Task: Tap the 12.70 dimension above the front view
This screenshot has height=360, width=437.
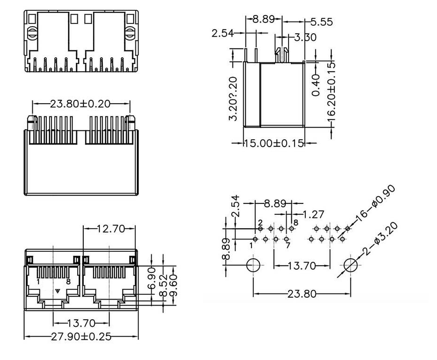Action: click(x=110, y=229)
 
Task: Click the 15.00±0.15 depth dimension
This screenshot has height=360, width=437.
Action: click(x=274, y=143)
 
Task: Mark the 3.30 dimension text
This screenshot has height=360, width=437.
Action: click(x=305, y=37)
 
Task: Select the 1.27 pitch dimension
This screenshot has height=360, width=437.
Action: click(x=313, y=214)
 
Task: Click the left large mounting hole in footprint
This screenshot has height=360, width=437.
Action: click(x=253, y=265)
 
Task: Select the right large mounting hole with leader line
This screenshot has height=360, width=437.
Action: click(x=350, y=265)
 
